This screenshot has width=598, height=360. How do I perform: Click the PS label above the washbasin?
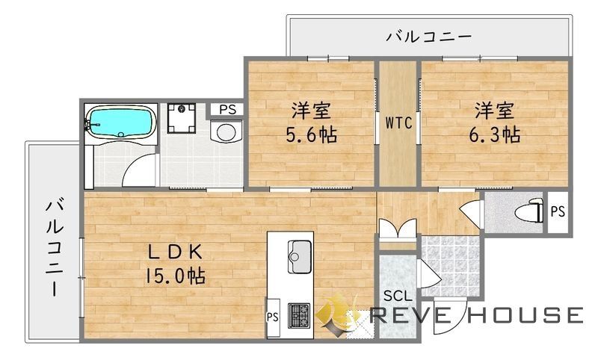click(x=227, y=110)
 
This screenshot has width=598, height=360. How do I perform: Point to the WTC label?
click(x=398, y=123)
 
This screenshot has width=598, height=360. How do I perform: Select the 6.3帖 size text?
click(x=495, y=134)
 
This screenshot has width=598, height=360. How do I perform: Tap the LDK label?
click(x=175, y=252)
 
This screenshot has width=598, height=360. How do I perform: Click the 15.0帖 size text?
click(x=176, y=276)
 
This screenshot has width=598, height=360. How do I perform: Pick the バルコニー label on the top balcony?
click(x=429, y=35)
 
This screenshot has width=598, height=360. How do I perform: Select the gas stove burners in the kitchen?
click(x=300, y=313)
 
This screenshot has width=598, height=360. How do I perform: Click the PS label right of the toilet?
click(x=557, y=211)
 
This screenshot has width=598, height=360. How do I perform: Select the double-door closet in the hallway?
click(x=396, y=228)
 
